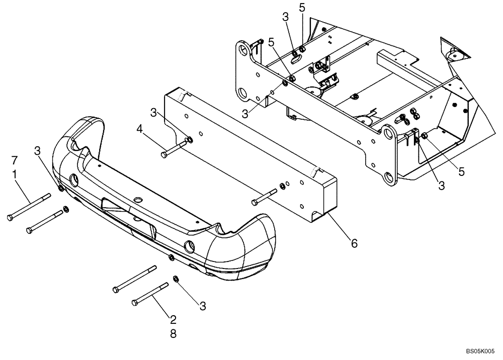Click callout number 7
click(x=15, y=161)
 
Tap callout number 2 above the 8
click(x=173, y=319)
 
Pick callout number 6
click(x=354, y=243)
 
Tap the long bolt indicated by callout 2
click(x=150, y=295)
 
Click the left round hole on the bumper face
click(x=74, y=179)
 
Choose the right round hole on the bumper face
click(x=190, y=247)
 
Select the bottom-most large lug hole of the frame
click(x=388, y=177)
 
